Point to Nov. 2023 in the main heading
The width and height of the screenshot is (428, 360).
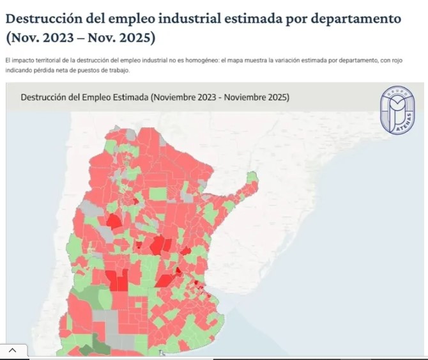pyautogui.click(x=39, y=38)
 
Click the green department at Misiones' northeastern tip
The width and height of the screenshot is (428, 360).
pyautogui.click(x=254, y=177)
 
